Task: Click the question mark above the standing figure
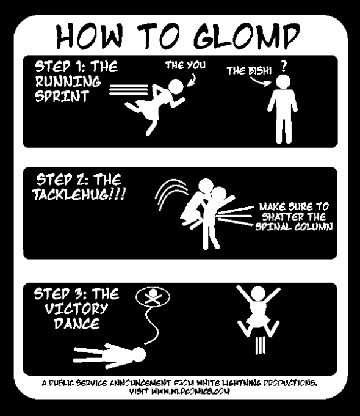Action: pyautogui.click(x=284, y=67)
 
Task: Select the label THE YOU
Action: pyautogui.click(x=185, y=65)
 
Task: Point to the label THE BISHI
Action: pyautogui.click(x=249, y=71)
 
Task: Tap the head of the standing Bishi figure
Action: pyautogui.click(x=283, y=82)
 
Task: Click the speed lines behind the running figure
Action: pyautogui.click(x=129, y=89)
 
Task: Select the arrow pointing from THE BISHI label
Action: pyautogui.click(x=261, y=82)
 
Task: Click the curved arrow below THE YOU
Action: pyautogui.click(x=192, y=81)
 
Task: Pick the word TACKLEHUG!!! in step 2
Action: pyautogui.click(x=79, y=195)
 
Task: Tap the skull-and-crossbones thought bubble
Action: pyautogui.click(x=153, y=297)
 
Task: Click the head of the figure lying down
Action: pyautogui.click(x=138, y=354)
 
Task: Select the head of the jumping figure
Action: pyautogui.click(x=258, y=294)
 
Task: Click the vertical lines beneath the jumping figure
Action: pyautogui.click(x=260, y=345)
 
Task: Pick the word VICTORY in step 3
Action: pyautogui.click(x=76, y=308)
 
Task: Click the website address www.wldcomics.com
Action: pyautogui.click(x=190, y=392)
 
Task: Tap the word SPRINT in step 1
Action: pyautogui.click(x=62, y=96)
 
